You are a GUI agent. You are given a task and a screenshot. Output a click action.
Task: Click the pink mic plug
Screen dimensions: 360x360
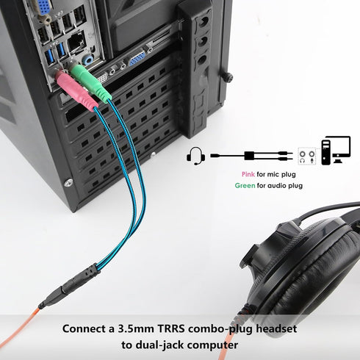76,91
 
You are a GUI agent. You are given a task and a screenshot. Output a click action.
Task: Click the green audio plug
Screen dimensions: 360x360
90,82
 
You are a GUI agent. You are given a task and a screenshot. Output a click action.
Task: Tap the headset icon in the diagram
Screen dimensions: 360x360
195,156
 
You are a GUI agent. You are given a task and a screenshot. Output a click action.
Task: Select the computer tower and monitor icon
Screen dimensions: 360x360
336,150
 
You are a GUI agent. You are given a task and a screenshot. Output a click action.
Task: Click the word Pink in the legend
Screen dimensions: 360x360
248,174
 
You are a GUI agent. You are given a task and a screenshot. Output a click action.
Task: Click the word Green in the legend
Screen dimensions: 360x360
245,185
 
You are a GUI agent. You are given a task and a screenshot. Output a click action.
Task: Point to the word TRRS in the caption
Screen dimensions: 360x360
170,328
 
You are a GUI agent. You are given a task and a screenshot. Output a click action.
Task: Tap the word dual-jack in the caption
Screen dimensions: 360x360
159,345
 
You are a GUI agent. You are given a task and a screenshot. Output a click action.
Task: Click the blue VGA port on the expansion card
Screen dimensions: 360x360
137,58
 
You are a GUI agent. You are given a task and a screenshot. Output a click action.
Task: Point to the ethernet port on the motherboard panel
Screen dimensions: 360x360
76,43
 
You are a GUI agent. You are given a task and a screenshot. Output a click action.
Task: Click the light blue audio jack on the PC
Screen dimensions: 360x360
87,60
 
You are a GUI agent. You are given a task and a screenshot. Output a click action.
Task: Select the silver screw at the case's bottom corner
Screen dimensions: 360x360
68,183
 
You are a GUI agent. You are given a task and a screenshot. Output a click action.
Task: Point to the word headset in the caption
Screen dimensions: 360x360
276,328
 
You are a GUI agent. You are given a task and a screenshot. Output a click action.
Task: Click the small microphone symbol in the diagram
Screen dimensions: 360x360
312,161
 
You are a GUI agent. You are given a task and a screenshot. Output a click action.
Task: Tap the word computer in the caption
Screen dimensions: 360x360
213,345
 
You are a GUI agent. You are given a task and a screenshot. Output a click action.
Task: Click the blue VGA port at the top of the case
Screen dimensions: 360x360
43,7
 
